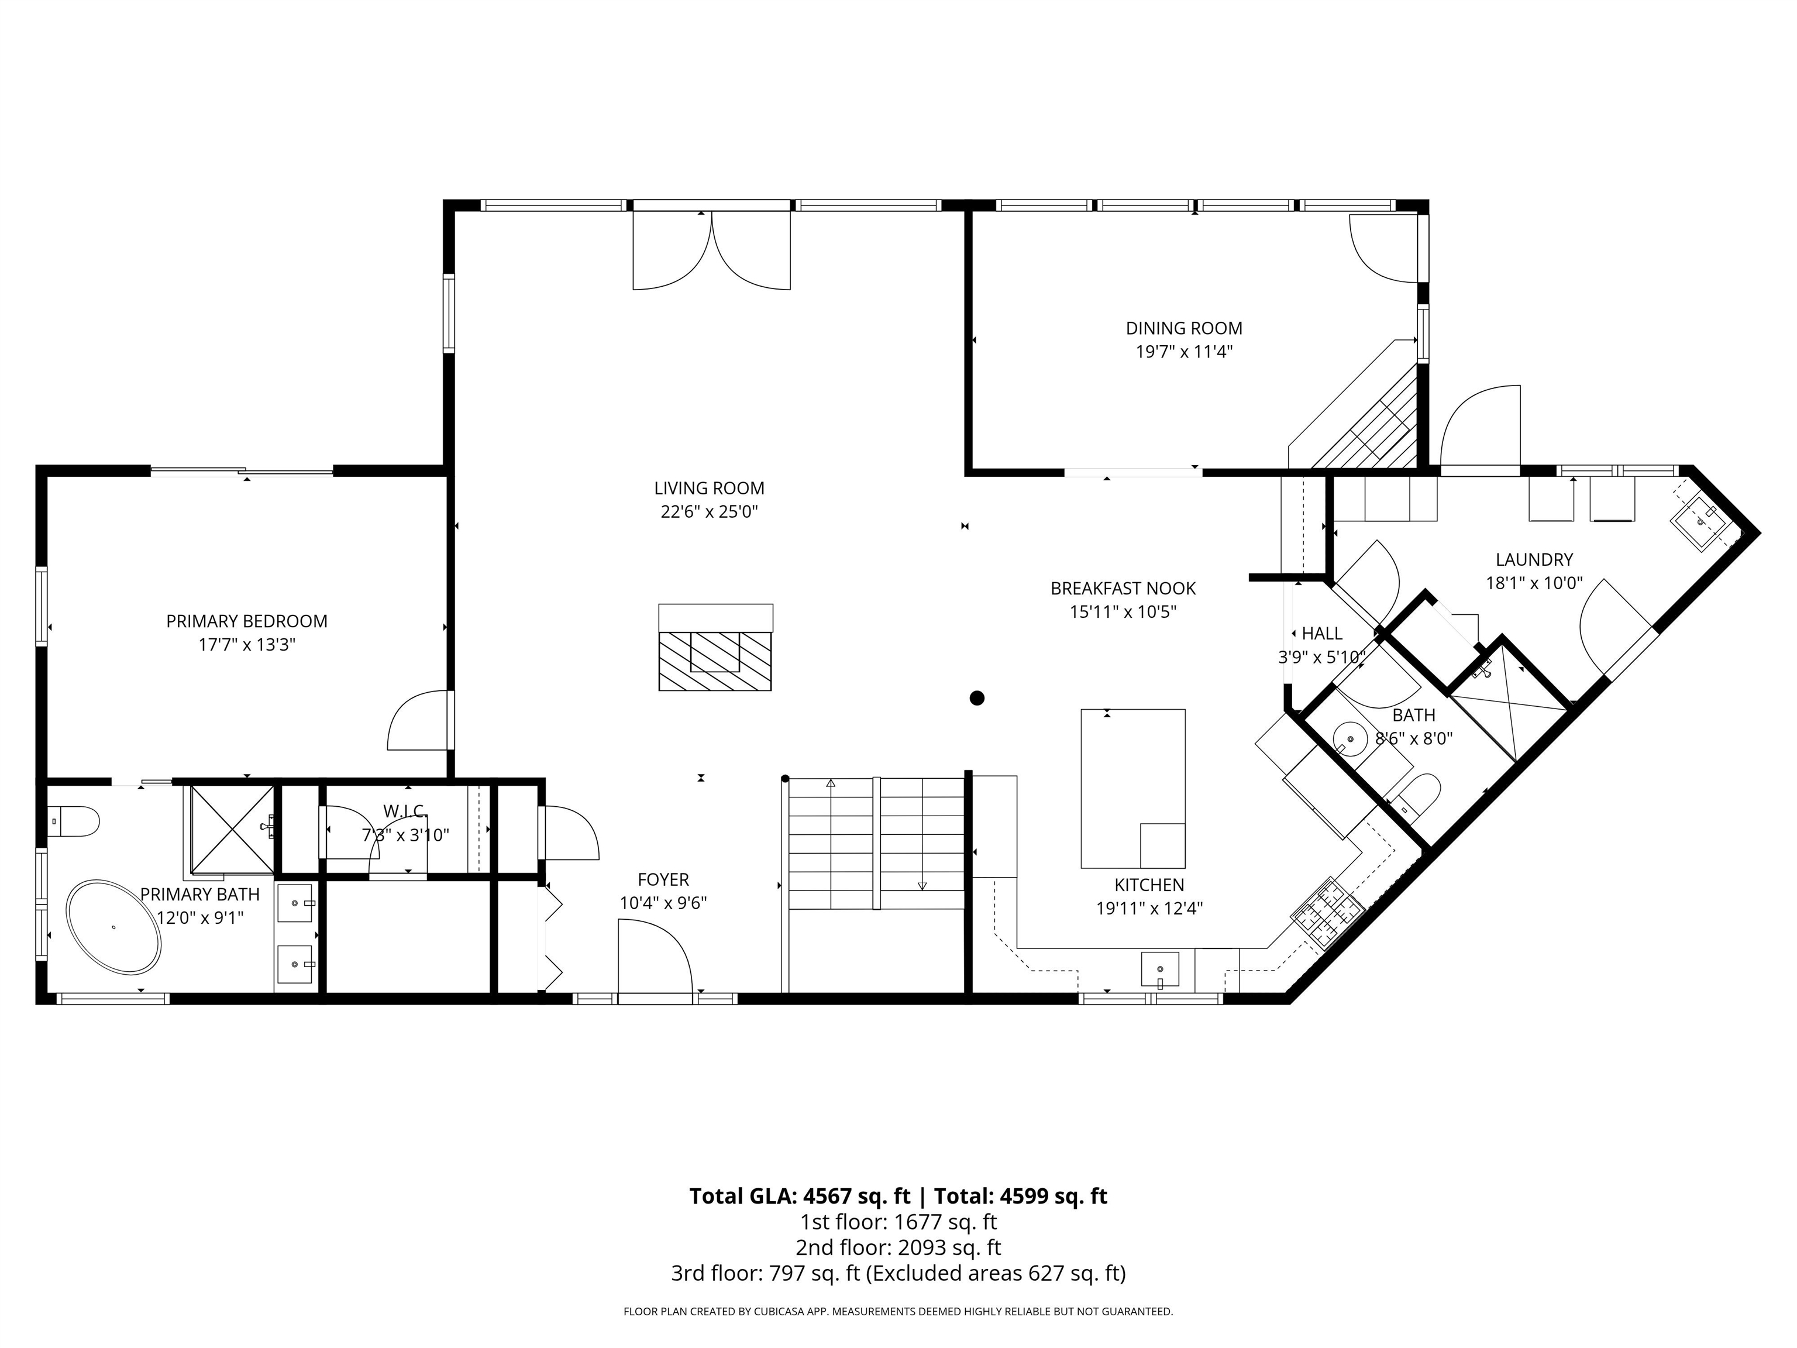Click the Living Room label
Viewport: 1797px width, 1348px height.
point(709,489)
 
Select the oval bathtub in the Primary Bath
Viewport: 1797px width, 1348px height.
point(113,927)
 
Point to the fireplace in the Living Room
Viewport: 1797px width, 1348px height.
point(715,648)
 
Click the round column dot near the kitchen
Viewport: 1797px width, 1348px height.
point(977,698)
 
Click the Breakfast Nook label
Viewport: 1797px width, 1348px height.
point(1123,588)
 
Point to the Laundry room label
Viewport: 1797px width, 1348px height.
point(1534,560)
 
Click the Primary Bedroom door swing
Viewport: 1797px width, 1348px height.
point(418,720)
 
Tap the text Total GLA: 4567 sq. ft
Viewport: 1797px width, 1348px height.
point(800,1196)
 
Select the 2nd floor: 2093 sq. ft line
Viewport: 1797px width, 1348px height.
point(898,1247)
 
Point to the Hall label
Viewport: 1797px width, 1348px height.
point(1322,634)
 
